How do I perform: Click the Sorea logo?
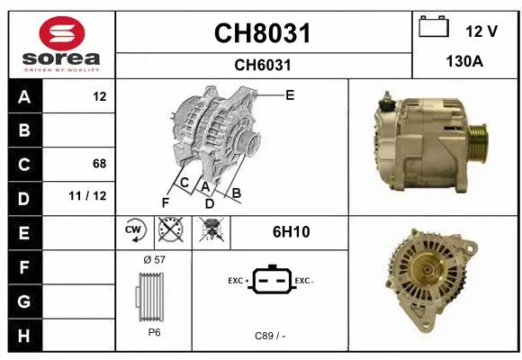[x=60, y=42]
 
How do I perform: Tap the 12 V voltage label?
[x=481, y=31]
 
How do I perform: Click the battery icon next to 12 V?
[x=434, y=27]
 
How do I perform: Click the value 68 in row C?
[x=99, y=164]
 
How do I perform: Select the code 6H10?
[x=291, y=232]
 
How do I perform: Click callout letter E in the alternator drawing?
[x=290, y=94]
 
